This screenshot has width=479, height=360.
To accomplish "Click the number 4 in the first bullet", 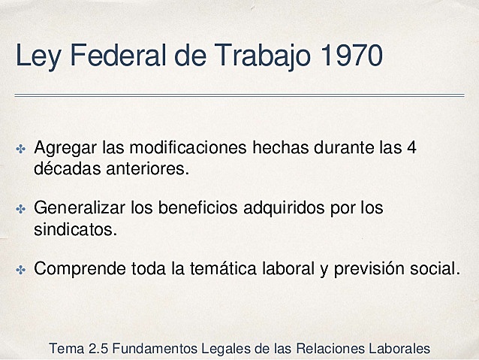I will tap(409, 147).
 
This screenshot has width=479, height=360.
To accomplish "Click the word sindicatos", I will tap(75, 228).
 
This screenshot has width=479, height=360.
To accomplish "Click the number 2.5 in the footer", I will tap(98, 349).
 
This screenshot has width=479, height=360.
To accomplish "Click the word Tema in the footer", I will tap(66, 349).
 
